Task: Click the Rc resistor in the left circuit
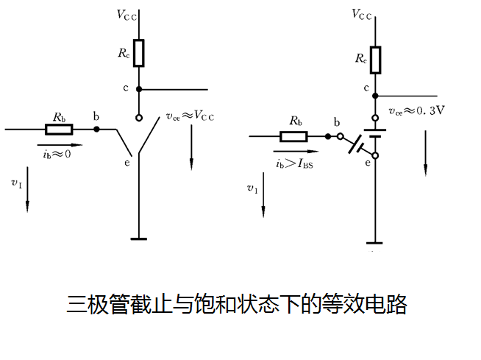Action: (138, 53)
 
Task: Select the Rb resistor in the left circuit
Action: (59, 130)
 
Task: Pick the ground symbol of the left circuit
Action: (138, 238)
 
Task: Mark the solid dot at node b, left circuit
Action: (96, 130)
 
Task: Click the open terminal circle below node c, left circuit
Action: (138, 117)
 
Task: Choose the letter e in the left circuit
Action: (127, 162)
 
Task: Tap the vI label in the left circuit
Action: (16, 182)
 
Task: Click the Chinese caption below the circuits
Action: (237, 303)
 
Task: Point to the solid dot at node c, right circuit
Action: (375, 96)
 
